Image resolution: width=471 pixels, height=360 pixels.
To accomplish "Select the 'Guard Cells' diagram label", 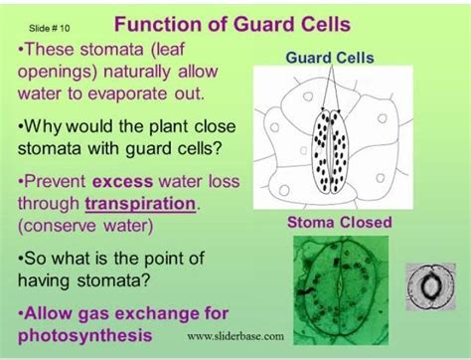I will [330, 58].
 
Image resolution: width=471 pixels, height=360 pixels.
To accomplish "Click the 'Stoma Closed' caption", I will [339, 222].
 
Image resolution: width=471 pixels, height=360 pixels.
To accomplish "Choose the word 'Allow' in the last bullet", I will [48, 313].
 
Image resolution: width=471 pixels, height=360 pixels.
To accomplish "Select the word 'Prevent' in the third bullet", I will [55, 182].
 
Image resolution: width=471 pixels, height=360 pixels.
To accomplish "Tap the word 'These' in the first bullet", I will [50, 50].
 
